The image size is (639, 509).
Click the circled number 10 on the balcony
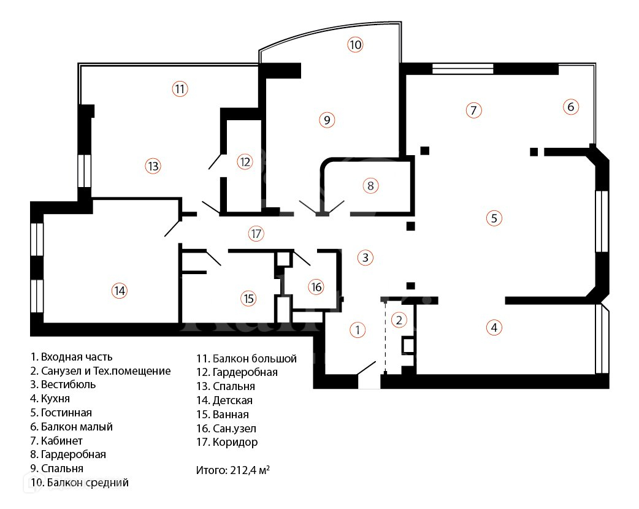click(355, 44)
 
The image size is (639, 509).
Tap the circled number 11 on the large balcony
click(179, 89)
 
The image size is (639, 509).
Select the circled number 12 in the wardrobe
click(245, 162)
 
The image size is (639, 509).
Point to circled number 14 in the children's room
click(120, 291)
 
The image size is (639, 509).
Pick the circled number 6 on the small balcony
click(570, 107)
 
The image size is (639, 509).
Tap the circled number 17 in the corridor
click(256, 233)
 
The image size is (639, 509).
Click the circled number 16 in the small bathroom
click(316, 286)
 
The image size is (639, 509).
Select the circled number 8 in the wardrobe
click(370, 185)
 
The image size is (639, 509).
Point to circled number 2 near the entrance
click(399, 320)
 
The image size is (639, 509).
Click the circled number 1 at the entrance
click(358, 330)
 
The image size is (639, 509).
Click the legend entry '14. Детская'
click(224, 400)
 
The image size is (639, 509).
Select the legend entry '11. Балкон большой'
click(246, 359)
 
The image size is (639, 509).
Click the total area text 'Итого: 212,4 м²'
click(233, 471)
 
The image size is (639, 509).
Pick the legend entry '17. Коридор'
click(227, 442)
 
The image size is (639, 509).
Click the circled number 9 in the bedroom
click(327, 120)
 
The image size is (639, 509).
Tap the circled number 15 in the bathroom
click(248, 299)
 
